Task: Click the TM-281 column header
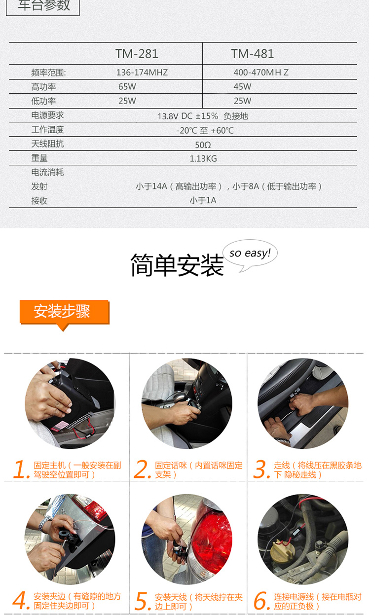tap(137, 54)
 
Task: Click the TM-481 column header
tap(253, 54)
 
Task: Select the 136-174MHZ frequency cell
tap(142, 72)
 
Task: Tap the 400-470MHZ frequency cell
tap(261, 72)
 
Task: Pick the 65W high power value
tap(127, 87)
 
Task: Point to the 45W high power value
tap(242, 87)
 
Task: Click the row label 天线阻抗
tap(47, 144)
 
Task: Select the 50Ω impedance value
tap(203, 145)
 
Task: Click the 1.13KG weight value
tap(203, 159)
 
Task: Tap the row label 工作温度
tap(47, 130)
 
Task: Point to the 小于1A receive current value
tap(203, 200)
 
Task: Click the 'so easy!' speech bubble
tap(250, 254)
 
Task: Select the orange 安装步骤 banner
tap(65, 313)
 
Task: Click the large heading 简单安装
tap(177, 265)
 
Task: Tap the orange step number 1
tap(21, 469)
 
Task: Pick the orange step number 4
tap(21, 600)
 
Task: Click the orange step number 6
tap(262, 600)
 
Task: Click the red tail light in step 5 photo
tap(212, 534)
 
